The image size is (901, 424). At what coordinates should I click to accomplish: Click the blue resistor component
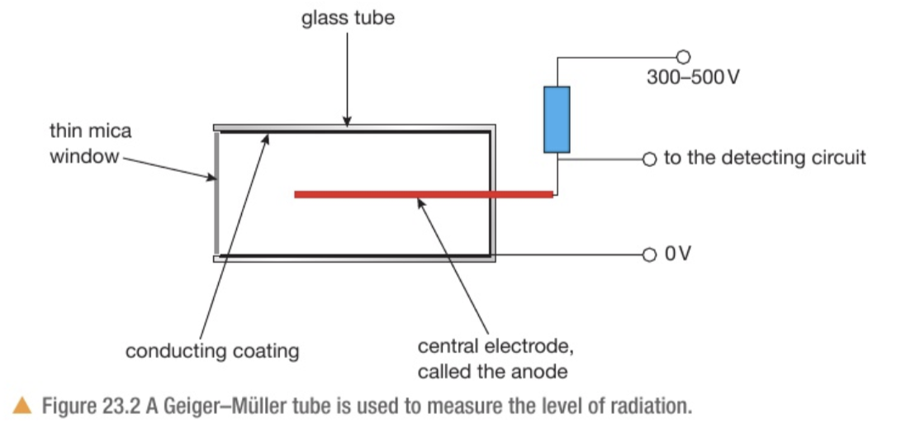click(557, 120)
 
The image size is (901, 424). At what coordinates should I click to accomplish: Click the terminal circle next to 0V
click(648, 254)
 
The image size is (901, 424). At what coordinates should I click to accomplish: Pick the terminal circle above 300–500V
click(682, 57)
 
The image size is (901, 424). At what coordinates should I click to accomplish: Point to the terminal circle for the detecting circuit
click(648, 159)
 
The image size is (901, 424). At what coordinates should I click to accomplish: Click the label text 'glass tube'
click(348, 17)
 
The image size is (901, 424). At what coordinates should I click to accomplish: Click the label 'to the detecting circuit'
click(765, 158)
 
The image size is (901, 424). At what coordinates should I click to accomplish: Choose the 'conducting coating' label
click(211, 351)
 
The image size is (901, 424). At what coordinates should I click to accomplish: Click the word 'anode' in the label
click(541, 371)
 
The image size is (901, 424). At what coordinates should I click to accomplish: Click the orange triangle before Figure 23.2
click(22, 405)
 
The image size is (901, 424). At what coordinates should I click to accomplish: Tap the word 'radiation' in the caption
click(648, 406)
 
